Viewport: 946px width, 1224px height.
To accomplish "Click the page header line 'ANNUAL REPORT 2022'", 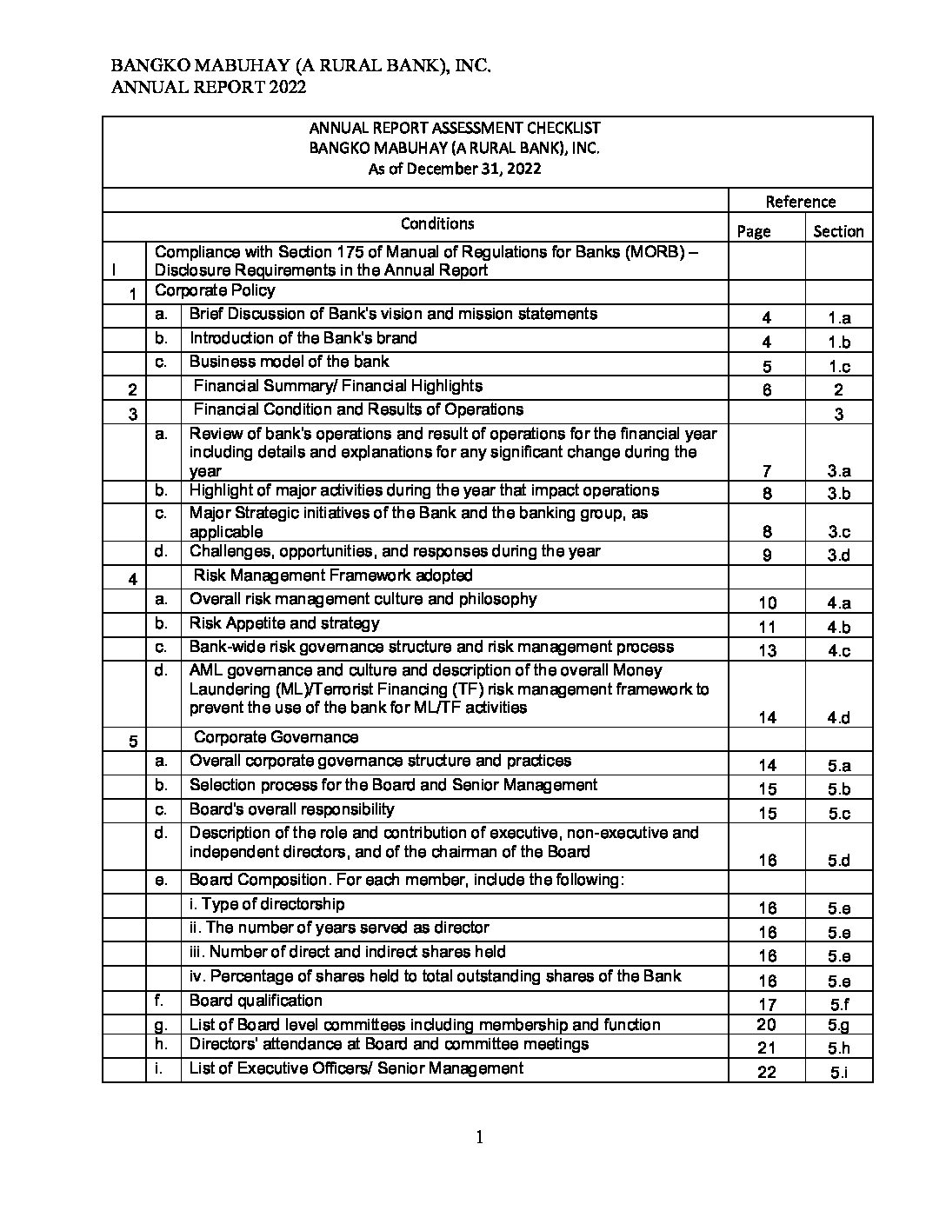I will (x=208, y=87).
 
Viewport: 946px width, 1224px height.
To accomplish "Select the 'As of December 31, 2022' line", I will (x=454, y=169).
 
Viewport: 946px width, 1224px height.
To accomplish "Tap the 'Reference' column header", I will (x=800, y=202).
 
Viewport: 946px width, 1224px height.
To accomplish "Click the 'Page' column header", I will (x=753, y=231).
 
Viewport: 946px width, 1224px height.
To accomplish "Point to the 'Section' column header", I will (x=838, y=231).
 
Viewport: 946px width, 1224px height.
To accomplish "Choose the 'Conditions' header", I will (x=437, y=223).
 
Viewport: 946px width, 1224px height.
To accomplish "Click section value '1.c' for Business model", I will (x=839, y=366).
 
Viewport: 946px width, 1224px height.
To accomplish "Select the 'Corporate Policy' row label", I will (x=215, y=290).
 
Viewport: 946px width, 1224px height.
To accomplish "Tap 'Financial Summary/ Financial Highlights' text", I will (x=338, y=386).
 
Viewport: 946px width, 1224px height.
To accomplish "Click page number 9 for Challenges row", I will (x=767, y=555).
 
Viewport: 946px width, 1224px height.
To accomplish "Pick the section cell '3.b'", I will (x=839, y=493).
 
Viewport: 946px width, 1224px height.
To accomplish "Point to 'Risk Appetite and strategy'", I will (x=284, y=623).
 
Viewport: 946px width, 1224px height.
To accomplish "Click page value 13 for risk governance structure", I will (x=767, y=650).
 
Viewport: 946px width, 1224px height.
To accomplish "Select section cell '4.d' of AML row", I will (x=839, y=717).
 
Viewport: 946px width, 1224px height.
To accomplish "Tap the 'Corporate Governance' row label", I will (x=276, y=737).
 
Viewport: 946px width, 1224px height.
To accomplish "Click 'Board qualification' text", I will (x=256, y=1001).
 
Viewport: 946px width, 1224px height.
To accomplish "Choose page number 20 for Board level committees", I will (x=767, y=1025).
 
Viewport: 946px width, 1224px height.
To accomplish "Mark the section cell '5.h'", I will (x=839, y=1048).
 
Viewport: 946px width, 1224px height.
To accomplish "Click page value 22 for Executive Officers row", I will (x=767, y=1072).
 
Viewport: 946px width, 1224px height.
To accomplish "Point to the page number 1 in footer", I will (x=479, y=1138).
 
